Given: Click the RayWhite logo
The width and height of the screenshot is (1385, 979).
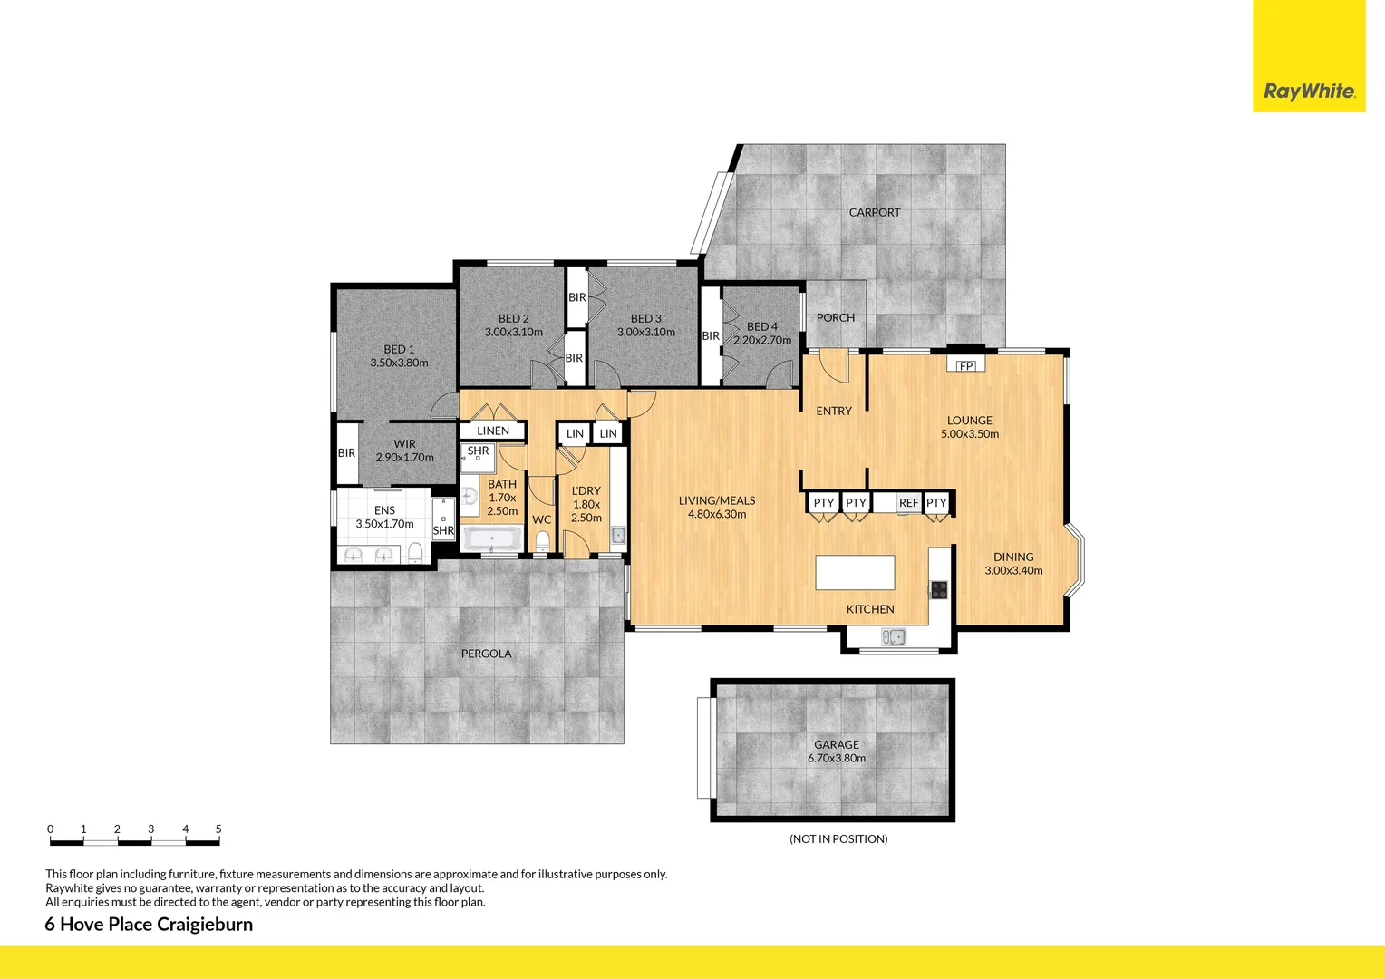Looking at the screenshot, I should tap(1309, 91).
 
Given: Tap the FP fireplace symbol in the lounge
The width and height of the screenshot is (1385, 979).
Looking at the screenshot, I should tap(966, 365).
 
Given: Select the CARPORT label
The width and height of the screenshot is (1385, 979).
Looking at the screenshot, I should tap(875, 212).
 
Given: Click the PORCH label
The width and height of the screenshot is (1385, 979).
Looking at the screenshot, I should tap(835, 317).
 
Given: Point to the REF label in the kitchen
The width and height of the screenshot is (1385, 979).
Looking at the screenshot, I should tap(908, 503).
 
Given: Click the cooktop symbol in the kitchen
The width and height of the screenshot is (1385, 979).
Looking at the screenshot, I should tap(939, 590).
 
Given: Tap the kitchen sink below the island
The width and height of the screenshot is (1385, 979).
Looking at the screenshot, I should tap(894, 636).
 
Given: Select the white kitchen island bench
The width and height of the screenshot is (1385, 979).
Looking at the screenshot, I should tap(855, 573).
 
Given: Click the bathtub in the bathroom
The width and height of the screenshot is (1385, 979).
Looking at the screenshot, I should tap(491, 539).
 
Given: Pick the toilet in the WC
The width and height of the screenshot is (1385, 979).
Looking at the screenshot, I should tap(542, 541).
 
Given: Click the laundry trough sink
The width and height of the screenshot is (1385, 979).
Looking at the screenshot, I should tap(617, 535).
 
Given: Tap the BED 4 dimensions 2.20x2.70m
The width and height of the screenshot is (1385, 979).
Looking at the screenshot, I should tap(762, 340).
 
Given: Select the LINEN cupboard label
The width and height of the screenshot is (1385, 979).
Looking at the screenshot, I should tap(493, 431).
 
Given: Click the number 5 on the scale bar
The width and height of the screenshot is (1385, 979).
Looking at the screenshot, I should tap(218, 829).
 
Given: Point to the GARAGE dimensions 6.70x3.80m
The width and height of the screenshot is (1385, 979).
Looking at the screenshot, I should tap(836, 758).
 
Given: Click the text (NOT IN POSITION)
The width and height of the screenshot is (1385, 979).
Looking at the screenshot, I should tap(838, 838).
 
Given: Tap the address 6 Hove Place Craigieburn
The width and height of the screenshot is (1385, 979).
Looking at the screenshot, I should tap(149, 924).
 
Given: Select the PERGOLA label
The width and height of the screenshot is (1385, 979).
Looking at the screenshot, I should tap(486, 654).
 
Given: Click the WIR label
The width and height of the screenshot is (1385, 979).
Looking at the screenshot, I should tap(404, 444).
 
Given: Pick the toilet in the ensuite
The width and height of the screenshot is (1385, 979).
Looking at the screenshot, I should tap(415, 551).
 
